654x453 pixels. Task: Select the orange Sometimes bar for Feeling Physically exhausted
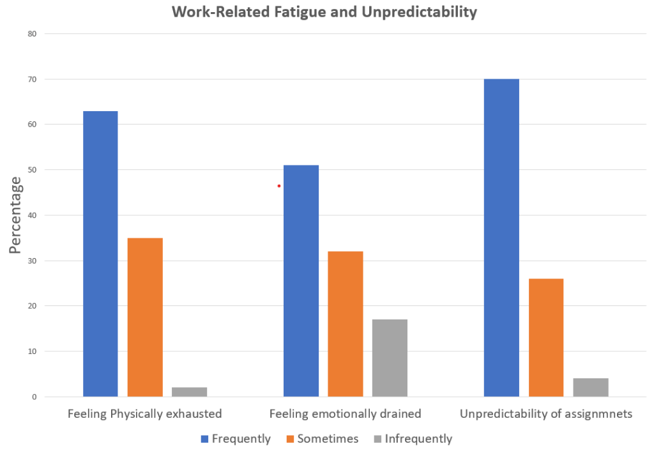pyautogui.click(x=145, y=317)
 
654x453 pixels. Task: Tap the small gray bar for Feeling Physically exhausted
pyautogui.click(x=189, y=392)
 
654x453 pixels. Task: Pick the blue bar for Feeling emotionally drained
pyautogui.click(x=301, y=280)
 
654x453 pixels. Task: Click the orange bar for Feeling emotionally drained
pyautogui.click(x=346, y=324)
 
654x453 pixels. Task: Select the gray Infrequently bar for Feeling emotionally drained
pyautogui.click(x=390, y=358)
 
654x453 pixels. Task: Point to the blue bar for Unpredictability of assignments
pyautogui.click(x=501, y=238)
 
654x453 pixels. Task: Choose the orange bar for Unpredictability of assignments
pyautogui.click(x=546, y=337)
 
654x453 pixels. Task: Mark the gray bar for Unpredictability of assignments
pyautogui.click(x=590, y=387)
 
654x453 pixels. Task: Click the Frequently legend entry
pyautogui.click(x=236, y=439)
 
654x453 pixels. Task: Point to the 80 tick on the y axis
pyautogui.click(x=32, y=34)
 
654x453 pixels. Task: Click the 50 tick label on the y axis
pyautogui.click(x=32, y=170)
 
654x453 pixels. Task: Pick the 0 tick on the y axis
pyautogui.click(x=34, y=397)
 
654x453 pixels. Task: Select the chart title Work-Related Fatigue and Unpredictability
pyautogui.click(x=324, y=12)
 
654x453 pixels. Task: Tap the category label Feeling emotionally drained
pyautogui.click(x=345, y=414)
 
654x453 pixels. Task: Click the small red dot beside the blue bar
pyautogui.click(x=279, y=186)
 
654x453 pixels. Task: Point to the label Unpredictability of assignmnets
pyautogui.click(x=546, y=414)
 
